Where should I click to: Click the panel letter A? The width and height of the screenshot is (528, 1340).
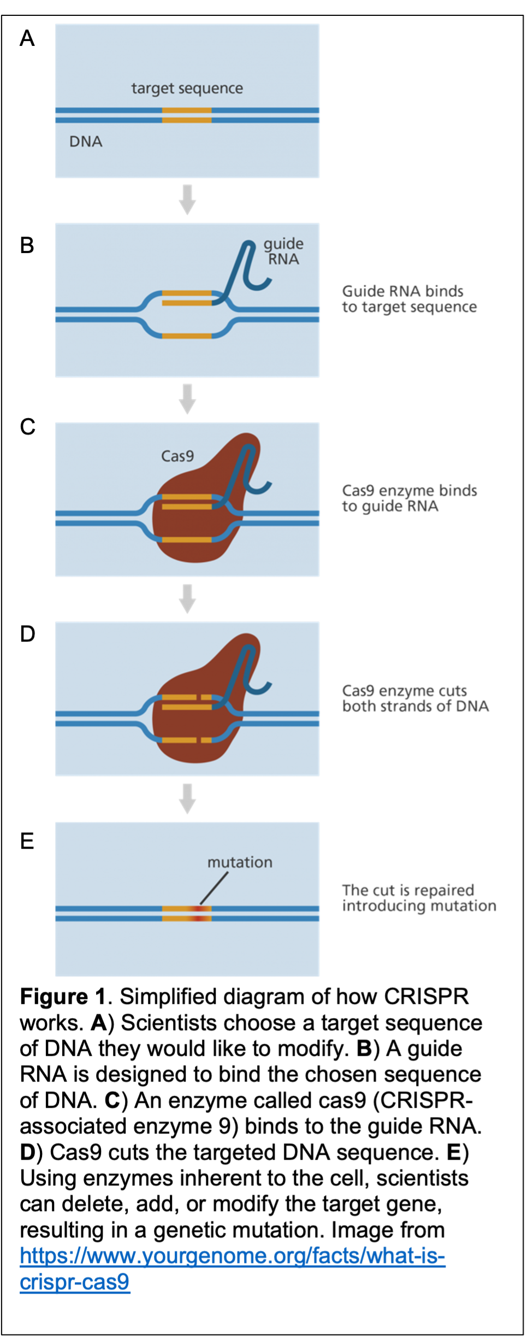pos(27,39)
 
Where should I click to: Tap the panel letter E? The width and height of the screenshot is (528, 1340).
pos(27,841)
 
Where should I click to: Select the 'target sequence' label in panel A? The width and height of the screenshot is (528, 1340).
pos(187,89)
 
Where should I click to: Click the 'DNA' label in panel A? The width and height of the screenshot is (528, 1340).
pos(86,142)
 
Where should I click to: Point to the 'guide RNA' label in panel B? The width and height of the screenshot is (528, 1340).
pos(283,251)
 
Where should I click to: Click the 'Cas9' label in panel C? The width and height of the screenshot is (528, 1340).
pos(177,456)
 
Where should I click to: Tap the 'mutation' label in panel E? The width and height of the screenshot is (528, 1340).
pos(240,862)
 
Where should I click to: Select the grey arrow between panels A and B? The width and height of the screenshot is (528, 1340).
pos(187,199)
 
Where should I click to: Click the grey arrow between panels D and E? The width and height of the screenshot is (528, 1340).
pos(187,798)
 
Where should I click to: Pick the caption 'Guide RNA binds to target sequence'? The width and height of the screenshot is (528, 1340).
pos(409,299)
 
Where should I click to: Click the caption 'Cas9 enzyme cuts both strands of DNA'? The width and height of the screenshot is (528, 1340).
pos(415,698)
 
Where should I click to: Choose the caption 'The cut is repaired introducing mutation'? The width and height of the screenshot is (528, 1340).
pos(419,898)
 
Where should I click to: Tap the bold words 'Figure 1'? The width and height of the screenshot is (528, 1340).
pos(63,997)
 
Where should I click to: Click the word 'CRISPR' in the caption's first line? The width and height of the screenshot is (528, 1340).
pos(426,997)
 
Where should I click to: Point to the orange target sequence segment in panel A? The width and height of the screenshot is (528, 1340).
pos(187,115)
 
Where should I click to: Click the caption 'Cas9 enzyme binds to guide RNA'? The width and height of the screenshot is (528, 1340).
pos(409,498)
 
